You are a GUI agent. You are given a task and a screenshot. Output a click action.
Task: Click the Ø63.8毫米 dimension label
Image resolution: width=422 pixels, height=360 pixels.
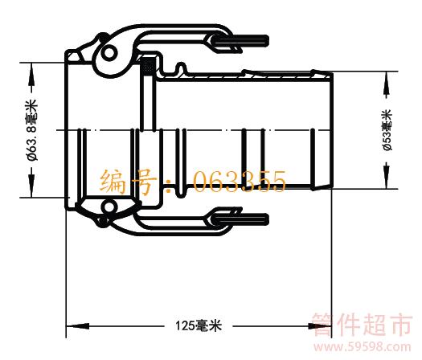(31, 130)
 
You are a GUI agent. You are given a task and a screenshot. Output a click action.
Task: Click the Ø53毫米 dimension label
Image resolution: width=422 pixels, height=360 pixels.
(387, 129)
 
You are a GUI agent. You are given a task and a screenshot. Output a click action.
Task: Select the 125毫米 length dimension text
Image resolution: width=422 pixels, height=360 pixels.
(199, 325)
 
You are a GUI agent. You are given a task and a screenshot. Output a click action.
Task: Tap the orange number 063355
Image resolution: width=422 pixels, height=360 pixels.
(240, 182)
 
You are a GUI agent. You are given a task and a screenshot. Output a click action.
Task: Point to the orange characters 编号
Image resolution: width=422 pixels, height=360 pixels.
(128, 182)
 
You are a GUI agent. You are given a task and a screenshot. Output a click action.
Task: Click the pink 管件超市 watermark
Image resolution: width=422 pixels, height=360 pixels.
(363, 325)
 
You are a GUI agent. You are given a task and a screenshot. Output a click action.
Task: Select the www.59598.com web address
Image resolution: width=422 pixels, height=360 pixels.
(363, 347)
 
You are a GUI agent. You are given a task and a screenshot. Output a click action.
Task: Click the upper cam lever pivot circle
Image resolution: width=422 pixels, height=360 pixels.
(109, 52)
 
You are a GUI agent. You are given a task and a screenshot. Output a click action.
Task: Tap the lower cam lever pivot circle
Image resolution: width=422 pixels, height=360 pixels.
(109, 207)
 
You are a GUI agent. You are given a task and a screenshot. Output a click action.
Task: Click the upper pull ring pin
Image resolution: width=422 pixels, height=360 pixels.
(241, 41)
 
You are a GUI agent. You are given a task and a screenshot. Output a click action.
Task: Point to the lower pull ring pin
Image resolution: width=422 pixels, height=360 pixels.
(241, 219)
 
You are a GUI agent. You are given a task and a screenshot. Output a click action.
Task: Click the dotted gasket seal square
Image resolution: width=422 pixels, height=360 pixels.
(148, 66)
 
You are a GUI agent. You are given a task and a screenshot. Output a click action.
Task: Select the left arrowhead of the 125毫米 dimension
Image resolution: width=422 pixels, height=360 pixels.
(77, 326)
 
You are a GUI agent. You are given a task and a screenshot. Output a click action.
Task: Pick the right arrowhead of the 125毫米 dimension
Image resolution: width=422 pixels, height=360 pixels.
(320, 326)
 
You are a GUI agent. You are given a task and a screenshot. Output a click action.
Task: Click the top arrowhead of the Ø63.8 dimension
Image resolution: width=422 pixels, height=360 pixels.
(32, 72)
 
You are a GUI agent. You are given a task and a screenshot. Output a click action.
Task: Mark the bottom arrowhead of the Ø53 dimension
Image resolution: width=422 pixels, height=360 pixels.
(387, 178)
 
